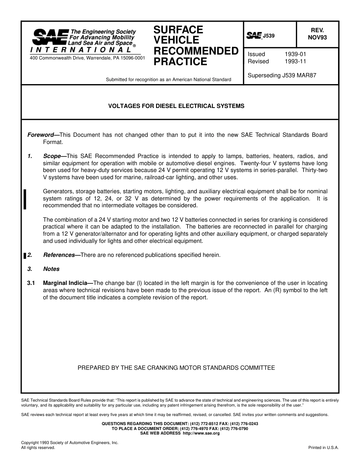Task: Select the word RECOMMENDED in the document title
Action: [x=196, y=51]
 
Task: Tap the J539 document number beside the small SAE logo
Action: [x=268, y=36]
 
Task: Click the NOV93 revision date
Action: [x=317, y=37]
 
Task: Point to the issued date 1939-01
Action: [x=295, y=54]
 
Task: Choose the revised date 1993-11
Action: [x=295, y=61]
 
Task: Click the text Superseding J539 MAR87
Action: [x=282, y=75]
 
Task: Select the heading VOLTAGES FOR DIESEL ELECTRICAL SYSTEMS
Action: [x=177, y=106]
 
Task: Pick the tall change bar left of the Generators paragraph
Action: [x=25, y=199]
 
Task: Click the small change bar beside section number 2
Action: [x=25, y=256]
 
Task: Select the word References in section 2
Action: [x=59, y=255]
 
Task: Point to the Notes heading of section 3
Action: [x=51, y=269]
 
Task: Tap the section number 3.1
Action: [x=31, y=283]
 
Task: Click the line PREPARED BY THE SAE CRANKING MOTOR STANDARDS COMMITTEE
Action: [x=176, y=367]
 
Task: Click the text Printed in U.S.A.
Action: [x=324, y=447]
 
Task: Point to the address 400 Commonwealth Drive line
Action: [x=87, y=58]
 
